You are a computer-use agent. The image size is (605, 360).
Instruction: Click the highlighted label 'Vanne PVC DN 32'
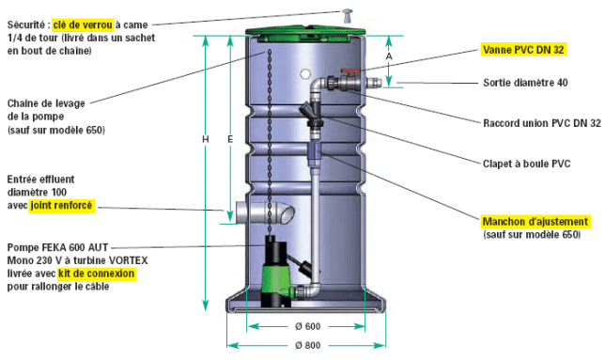pos(523,50)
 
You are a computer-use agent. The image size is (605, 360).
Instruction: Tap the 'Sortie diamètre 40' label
pos(525,83)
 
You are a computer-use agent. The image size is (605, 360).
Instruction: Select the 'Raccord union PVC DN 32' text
pos(542,123)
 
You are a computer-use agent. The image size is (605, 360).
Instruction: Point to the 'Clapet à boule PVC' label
pos(526,164)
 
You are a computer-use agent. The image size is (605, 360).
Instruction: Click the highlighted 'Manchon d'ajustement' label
pos(535,222)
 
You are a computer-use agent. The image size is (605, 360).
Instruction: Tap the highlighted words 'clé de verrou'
pos(83,24)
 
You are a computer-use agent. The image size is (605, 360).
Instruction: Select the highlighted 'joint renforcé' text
pos(61,205)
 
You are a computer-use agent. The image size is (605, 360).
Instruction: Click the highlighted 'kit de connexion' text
pos(97,274)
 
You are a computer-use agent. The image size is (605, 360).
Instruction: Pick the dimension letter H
pos(205,139)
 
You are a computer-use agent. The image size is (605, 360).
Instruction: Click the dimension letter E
pos(230,139)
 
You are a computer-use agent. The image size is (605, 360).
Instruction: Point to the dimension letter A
pos(389,56)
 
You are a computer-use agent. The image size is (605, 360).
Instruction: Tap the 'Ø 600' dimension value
pos(307,326)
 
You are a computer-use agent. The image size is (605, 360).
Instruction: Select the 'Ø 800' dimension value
pos(307,345)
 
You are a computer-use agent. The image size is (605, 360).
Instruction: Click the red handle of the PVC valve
pos(350,71)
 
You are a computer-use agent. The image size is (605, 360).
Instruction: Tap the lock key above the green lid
pos(347,15)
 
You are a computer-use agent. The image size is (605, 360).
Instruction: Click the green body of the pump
pos(274,277)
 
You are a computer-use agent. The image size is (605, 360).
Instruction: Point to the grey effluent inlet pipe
pos(265,212)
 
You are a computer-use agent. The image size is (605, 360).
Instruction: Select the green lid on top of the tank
pos(306,32)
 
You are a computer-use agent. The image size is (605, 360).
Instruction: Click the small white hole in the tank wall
pos(305,73)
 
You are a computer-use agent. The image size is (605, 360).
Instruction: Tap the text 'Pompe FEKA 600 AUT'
pos(57,247)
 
